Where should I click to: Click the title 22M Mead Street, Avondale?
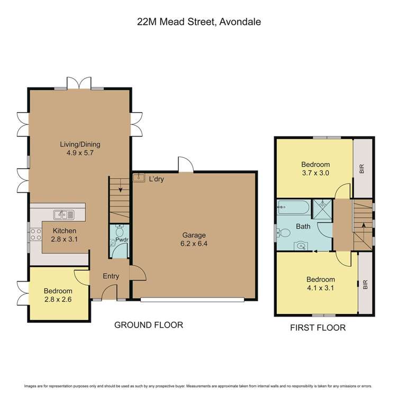click(x=198, y=22)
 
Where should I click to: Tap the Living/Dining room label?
click(x=79, y=144)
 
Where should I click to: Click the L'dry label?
click(x=156, y=179)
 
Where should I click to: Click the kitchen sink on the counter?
click(x=64, y=214)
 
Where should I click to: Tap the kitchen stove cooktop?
click(x=35, y=234)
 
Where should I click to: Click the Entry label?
click(x=111, y=276)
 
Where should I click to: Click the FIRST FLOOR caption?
click(x=318, y=328)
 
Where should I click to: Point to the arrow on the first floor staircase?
click(x=364, y=227)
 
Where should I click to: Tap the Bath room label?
click(x=303, y=227)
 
